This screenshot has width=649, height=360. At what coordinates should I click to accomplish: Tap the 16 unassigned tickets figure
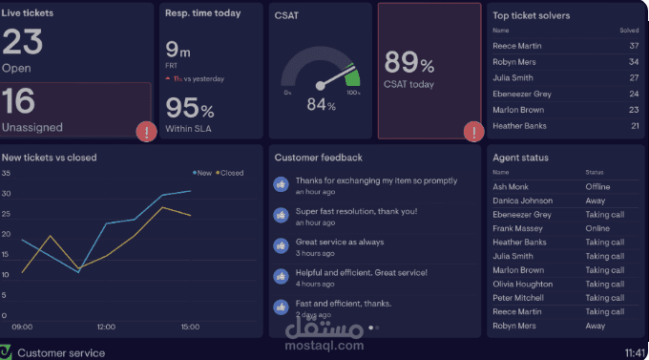point(20,102)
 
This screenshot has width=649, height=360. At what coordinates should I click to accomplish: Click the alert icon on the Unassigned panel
point(145,132)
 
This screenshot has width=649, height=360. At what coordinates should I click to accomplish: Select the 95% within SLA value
point(189,109)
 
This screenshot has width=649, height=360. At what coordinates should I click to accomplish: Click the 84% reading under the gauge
point(321,104)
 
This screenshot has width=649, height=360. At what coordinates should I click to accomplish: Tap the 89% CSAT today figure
point(408,64)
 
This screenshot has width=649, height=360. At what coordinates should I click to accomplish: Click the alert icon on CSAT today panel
point(472,132)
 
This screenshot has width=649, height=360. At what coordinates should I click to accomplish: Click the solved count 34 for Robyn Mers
point(633,62)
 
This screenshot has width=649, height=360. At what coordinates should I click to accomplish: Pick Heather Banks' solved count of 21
point(633,126)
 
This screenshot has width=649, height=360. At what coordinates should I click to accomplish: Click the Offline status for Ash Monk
point(597,187)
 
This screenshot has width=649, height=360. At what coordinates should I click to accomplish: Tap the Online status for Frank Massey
point(597,228)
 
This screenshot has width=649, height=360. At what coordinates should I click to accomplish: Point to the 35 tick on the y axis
point(6,174)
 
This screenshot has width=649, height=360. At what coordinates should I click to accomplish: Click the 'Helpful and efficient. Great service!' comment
point(361,272)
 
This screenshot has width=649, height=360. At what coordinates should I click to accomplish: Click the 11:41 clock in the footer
point(635,352)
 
